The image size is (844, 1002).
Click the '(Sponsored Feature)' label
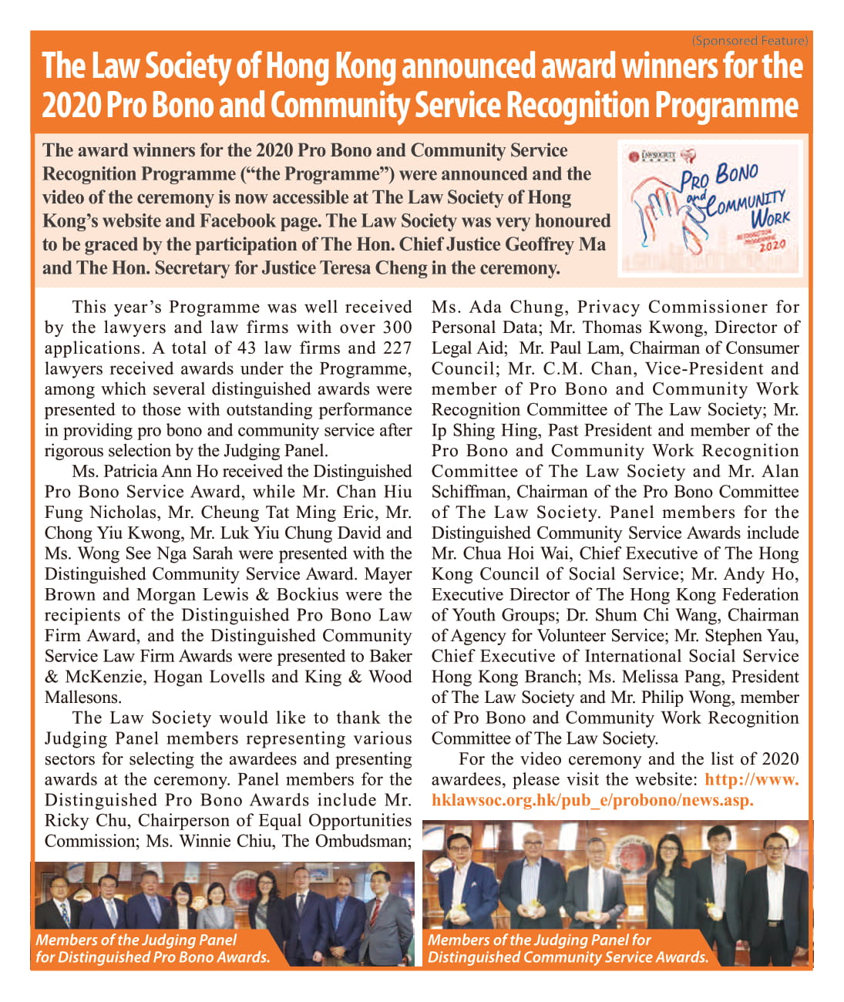pyautogui.click(x=749, y=40)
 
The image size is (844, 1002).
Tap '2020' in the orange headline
pyautogui.click(x=71, y=106)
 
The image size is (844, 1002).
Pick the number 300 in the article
pyautogui.click(x=397, y=328)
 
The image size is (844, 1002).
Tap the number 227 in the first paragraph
pyautogui.click(x=397, y=348)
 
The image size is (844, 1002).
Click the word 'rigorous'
pyautogui.click(x=75, y=451)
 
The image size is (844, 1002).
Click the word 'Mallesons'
pyautogui.click(x=82, y=698)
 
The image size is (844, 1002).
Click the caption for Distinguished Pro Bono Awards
pyautogui.click(x=153, y=949)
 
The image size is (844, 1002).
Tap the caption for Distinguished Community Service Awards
pyautogui.click(x=567, y=949)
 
